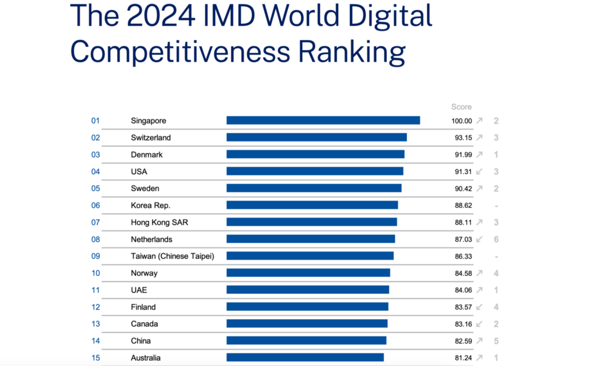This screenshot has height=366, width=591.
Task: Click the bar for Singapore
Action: coord(323,121)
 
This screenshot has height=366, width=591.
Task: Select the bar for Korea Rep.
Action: coord(312,205)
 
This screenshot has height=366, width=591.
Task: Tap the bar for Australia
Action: coord(305,357)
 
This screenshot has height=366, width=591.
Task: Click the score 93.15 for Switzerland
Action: coord(463,138)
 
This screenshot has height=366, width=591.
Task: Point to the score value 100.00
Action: coord(461,121)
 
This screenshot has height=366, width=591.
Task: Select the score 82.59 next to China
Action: coord(463,341)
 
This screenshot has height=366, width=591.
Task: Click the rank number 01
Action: coord(95,121)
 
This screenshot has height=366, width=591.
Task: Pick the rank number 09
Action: coord(95,256)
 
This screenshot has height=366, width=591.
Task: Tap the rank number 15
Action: coord(95,357)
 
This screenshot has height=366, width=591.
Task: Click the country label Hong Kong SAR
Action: coord(159,222)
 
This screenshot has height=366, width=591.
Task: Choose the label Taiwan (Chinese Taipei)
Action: coord(172,256)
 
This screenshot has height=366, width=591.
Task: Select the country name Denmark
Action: coord(147,155)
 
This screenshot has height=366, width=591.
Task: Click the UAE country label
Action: coord(139,290)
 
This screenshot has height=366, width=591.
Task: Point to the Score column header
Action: coord(461,107)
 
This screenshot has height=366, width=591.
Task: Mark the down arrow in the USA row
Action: coord(479,171)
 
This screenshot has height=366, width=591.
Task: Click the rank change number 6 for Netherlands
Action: coord(496,239)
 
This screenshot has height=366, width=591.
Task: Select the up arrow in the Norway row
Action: coord(479,273)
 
